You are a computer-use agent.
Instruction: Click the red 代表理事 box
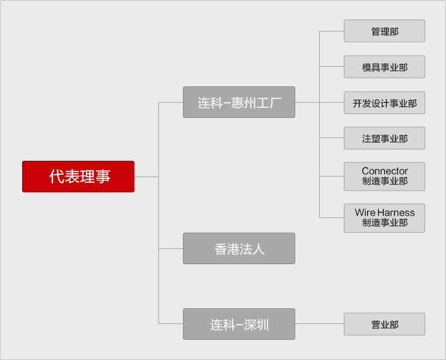(78, 177)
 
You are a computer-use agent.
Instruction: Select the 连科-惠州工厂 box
(239, 102)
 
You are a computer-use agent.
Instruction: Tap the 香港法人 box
(239, 248)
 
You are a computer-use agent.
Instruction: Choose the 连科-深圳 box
(239, 324)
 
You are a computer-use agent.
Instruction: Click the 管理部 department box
(384, 31)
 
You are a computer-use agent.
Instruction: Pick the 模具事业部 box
(384, 67)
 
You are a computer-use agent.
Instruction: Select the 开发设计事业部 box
(384, 103)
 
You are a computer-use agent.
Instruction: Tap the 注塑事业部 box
(384, 138)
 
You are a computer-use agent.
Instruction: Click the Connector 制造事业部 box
(384, 177)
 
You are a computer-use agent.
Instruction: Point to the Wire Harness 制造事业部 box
(384, 218)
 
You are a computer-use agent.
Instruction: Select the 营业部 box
(384, 324)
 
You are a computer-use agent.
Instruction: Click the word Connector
(385, 171)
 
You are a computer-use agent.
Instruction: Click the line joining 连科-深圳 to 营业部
(319, 324)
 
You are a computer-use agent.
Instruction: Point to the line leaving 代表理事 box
(146, 177)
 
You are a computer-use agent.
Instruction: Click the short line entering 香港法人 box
(170, 248)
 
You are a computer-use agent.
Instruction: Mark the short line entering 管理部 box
(331, 31)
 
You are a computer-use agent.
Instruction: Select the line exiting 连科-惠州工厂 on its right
(307, 102)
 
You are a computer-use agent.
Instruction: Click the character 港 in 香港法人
(233, 249)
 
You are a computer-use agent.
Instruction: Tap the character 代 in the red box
(56, 177)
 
